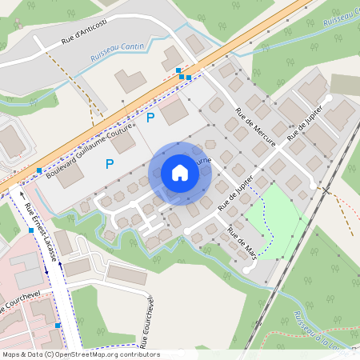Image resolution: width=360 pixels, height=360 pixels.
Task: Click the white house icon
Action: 180,172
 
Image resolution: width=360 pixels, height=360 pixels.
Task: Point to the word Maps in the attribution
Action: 11,354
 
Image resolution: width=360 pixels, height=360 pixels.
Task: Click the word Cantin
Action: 130,47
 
